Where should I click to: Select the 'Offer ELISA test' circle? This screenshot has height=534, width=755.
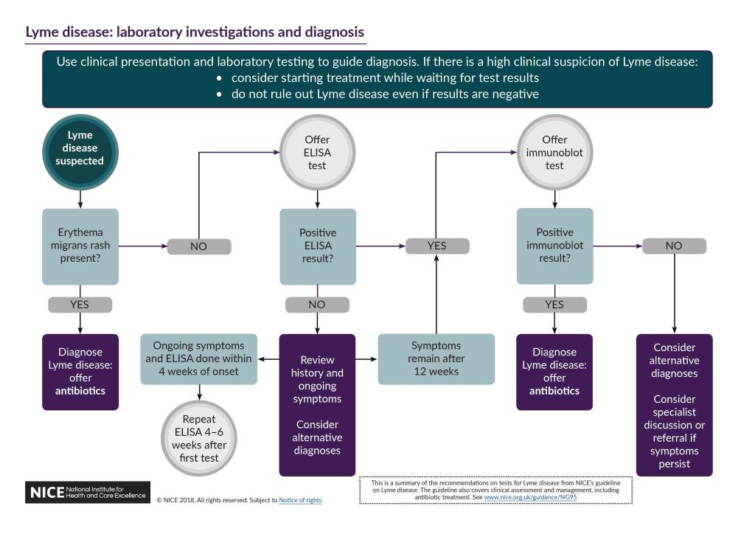point(317,152)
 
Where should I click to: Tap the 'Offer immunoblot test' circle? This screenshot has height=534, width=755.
point(554,152)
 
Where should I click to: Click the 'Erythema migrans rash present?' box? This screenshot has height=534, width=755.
point(80,246)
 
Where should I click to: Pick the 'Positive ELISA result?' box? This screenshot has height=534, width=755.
point(317,246)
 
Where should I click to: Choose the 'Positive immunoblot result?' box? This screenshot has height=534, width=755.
point(554,246)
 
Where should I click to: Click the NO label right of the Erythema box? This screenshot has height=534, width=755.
point(198,246)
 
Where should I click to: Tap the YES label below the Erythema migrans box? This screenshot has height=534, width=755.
point(80,305)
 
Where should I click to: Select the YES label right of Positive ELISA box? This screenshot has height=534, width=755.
point(436,246)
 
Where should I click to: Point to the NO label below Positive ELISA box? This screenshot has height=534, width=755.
point(317,305)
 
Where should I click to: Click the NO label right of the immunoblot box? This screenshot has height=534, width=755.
point(673,246)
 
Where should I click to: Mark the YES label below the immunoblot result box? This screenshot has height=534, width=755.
point(554,305)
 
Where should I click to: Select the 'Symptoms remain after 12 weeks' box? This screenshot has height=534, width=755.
point(436,358)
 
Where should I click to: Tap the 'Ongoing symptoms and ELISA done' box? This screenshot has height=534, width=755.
point(198,358)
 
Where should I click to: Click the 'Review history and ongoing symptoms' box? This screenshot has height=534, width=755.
point(317,405)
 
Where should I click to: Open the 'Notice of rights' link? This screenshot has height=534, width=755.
point(300,500)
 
